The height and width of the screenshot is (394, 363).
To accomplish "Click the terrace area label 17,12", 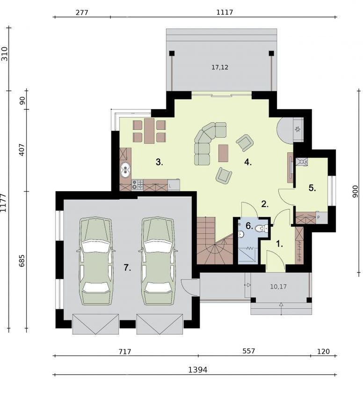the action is [220, 67].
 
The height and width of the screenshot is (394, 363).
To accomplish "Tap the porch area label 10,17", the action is [278, 286].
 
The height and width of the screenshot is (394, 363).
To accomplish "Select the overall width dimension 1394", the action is [198, 370].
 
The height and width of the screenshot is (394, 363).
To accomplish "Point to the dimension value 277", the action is [82, 12].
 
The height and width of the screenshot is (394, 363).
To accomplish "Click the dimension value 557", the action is [248, 351].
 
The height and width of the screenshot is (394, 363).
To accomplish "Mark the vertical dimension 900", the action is [356, 192].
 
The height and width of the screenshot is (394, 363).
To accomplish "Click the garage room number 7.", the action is [127, 268].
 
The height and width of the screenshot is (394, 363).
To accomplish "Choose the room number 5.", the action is [312, 188].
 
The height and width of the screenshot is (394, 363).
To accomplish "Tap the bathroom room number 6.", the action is [249, 226].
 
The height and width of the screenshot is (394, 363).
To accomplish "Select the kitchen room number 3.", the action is [160, 162].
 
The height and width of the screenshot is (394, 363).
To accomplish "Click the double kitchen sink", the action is [125, 170].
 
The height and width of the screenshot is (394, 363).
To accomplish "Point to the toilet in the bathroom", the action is [261, 229].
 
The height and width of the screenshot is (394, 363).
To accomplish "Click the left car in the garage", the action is [95, 261].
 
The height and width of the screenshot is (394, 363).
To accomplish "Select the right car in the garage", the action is [158, 261].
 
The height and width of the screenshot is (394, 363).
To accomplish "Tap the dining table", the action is [149, 131].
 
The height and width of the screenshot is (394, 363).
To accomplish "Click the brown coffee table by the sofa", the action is [223, 153].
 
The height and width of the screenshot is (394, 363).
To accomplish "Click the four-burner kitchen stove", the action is [138, 185].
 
